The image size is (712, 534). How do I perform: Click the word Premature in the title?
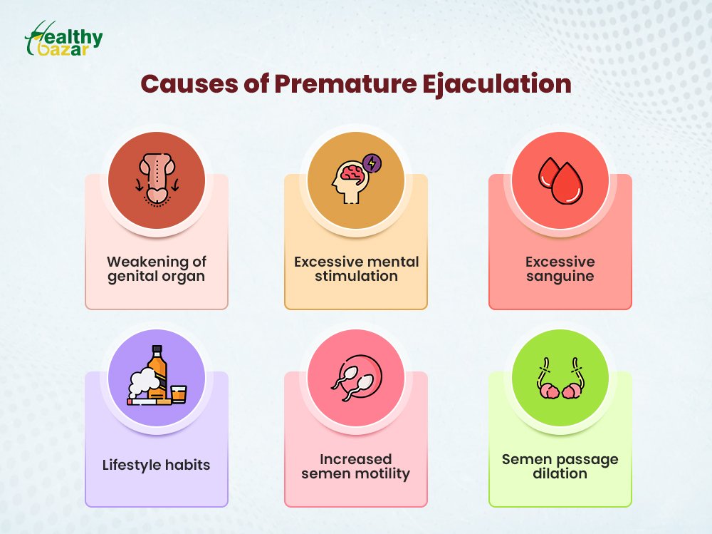click(x=345, y=84)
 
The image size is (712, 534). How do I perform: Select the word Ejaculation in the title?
click(x=497, y=85)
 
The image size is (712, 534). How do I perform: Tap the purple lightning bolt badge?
click(x=372, y=163)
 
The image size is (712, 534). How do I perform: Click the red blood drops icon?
click(x=560, y=180)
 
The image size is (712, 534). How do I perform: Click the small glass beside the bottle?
click(x=179, y=394)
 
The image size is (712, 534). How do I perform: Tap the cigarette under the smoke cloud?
click(x=149, y=401)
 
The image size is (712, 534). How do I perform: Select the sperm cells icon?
click(x=357, y=378)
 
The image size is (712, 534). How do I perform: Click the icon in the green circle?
click(x=560, y=378)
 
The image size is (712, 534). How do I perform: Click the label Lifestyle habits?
click(x=156, y=465)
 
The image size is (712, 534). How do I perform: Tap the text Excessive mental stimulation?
click(x=357, y=269)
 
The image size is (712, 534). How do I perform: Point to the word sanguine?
click(x=560, y=277)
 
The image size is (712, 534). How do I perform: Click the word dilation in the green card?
click(x=560, y=473)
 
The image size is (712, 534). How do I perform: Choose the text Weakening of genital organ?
click(x=156, y=269)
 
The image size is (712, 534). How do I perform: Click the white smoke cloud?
click(x=144, y=382)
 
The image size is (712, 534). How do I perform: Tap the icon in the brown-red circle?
click(x=157, y=180)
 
